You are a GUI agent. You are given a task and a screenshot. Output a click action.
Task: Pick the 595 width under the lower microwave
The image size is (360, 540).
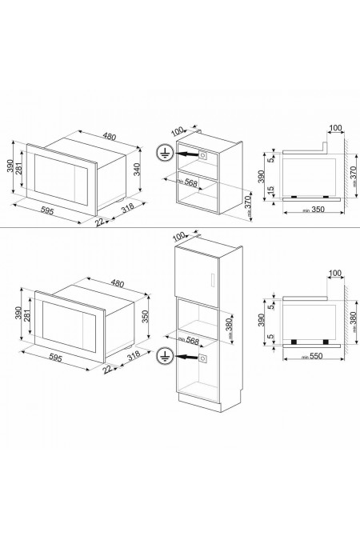pos(58,359)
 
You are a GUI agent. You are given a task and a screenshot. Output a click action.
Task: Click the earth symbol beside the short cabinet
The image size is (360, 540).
pos(163,154)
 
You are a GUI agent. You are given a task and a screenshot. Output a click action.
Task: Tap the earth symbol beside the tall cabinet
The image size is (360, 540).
pos(165,355)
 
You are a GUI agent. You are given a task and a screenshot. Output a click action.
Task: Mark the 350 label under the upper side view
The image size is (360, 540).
pos(304,210)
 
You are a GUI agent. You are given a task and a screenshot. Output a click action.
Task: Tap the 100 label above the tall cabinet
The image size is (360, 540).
pos(178,235)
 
